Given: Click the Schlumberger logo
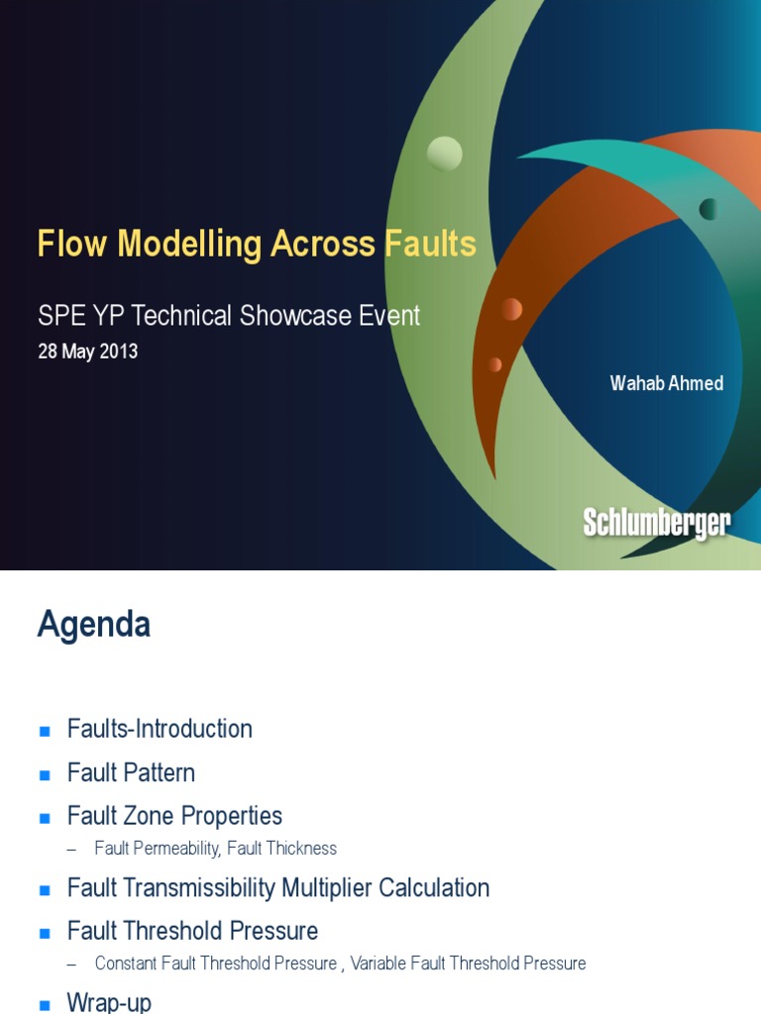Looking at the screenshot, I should [x=656, y=524].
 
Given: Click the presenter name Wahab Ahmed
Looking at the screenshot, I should [x=666, y=383].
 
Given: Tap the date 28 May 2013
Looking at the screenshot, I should [x=87, y=352].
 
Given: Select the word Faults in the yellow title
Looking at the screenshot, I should [x=430, y=244].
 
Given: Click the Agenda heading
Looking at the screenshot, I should [x=94, y=625].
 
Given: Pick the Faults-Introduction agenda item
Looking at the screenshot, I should [x=160, y=729].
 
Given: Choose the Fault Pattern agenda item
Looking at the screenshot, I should [x=131, y=772].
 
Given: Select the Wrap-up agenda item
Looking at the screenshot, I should [x=109, y=1002].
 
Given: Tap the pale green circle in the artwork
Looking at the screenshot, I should [x=444, y=153].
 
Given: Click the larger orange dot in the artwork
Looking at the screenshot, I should [x=511, y=309].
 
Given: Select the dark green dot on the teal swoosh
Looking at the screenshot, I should [x=707, y=209].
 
